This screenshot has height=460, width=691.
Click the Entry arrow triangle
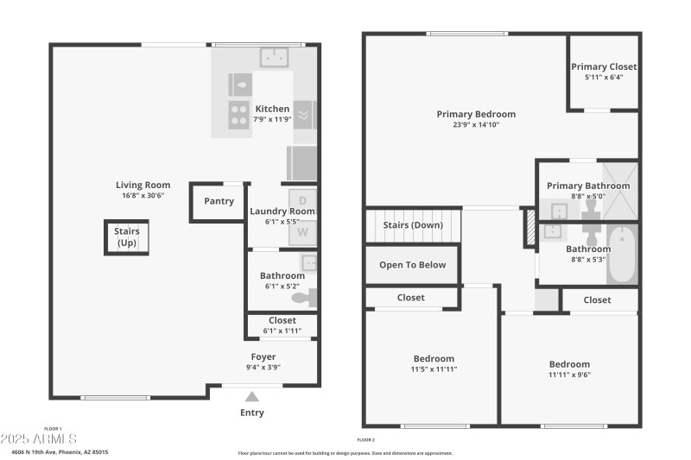coord(252,397)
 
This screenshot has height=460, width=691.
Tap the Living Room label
coord(143,185)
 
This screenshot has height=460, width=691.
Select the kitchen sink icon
coord(275,58)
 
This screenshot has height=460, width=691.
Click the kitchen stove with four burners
coord(238,113)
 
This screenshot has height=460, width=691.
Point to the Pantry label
coord(219,201)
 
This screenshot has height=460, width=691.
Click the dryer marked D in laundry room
coord(302,200)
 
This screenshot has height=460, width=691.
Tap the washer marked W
coord(302,231)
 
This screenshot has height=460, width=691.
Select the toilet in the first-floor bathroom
coord(304,299)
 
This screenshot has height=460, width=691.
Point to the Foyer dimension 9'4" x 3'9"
coord(263,367)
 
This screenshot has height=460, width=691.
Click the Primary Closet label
coord(604,66)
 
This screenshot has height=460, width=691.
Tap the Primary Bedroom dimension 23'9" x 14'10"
coord(476,124)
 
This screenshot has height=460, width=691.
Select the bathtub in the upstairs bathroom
coord(622,255)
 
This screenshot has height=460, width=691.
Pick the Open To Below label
coord(413,265)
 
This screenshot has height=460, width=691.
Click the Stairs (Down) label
coord(413,225)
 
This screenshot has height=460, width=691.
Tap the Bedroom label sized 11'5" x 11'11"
coord(433,358)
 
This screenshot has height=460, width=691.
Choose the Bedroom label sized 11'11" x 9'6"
coord(569,364)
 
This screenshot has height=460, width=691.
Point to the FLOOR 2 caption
coord(366,439)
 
